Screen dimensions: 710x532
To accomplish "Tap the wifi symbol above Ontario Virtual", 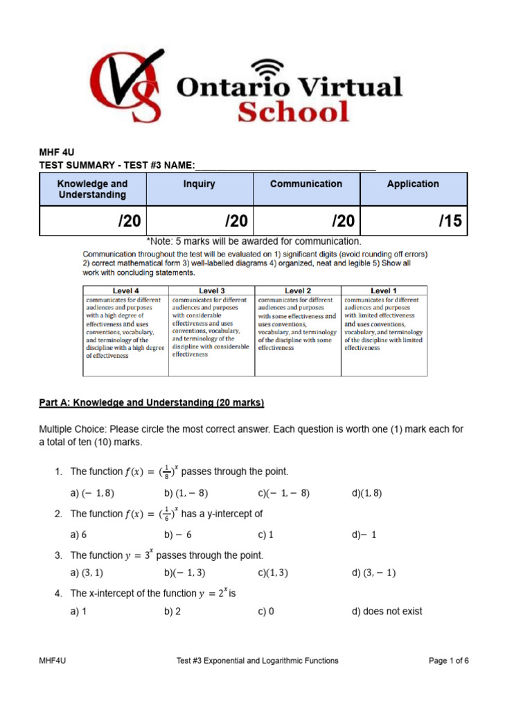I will (266, 67).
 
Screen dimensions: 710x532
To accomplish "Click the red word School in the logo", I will (293, 111).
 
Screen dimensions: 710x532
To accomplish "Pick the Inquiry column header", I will (199, 184).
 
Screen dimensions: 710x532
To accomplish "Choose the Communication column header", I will (306, 184).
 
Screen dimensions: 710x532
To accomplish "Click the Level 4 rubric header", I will (125, 291).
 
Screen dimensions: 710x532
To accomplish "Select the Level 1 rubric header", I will (384, 291).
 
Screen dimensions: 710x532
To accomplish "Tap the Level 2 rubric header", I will (298, 291).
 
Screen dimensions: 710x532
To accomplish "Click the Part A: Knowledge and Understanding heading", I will (152, 403).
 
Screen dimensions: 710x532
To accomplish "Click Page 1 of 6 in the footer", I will (449, 661).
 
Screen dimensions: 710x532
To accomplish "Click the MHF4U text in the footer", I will (53, 661).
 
